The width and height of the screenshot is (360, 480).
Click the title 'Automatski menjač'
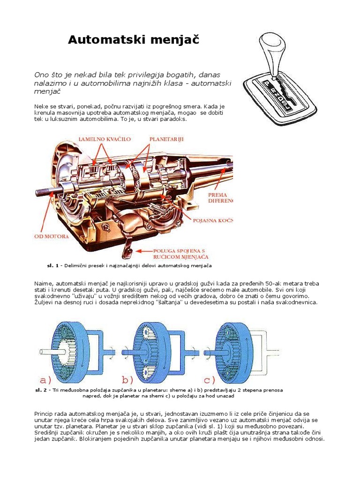pos(134,40)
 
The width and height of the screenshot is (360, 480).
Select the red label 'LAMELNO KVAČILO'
pos(104,140)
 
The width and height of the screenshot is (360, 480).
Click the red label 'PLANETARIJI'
pos(166,140)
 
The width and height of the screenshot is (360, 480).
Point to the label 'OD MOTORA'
pos(52,236)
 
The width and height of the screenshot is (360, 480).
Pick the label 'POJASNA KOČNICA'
pos(211,220)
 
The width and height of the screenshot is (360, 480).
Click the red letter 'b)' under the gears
pos(127,379)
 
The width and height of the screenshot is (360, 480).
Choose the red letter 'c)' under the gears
pos(209,379)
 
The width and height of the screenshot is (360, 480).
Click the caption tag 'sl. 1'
pos(52,266)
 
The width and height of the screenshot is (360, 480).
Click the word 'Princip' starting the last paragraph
pos(45,413)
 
